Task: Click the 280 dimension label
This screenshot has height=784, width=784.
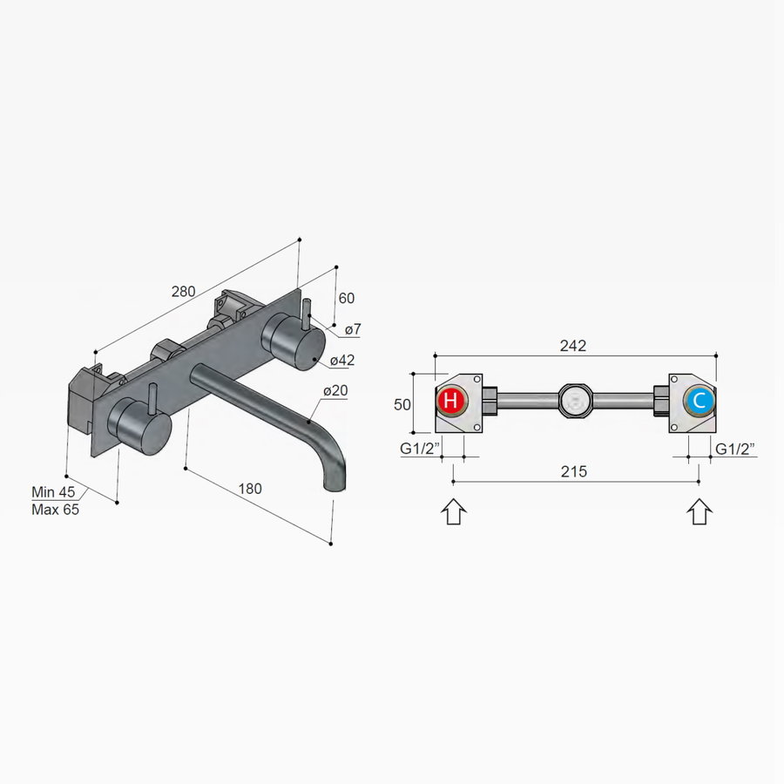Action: [183, 292]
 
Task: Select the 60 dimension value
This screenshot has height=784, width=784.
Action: [346, 298]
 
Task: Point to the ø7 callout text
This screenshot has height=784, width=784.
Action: [354, 329]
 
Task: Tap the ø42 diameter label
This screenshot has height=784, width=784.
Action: [342, 360]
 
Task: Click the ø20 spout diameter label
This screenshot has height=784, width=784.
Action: [335, 391]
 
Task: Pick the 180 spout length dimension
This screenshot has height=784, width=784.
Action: [249, 489]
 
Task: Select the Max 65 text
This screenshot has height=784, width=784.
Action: [55, 510]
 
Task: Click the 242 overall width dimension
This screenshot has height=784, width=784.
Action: [572, 345]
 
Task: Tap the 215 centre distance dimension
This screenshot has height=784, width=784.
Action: [573, 471]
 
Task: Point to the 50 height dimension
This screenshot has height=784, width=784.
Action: [402, 403]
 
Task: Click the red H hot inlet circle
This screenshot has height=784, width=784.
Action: [450, 402]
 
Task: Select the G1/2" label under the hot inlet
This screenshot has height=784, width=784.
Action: [419, 449]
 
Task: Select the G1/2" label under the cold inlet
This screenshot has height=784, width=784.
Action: [734, 449]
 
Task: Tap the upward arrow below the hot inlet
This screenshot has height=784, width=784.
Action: [454, 510]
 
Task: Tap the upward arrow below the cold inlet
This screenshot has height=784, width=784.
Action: [700, 510]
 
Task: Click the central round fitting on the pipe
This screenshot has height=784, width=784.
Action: [575, 402]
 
